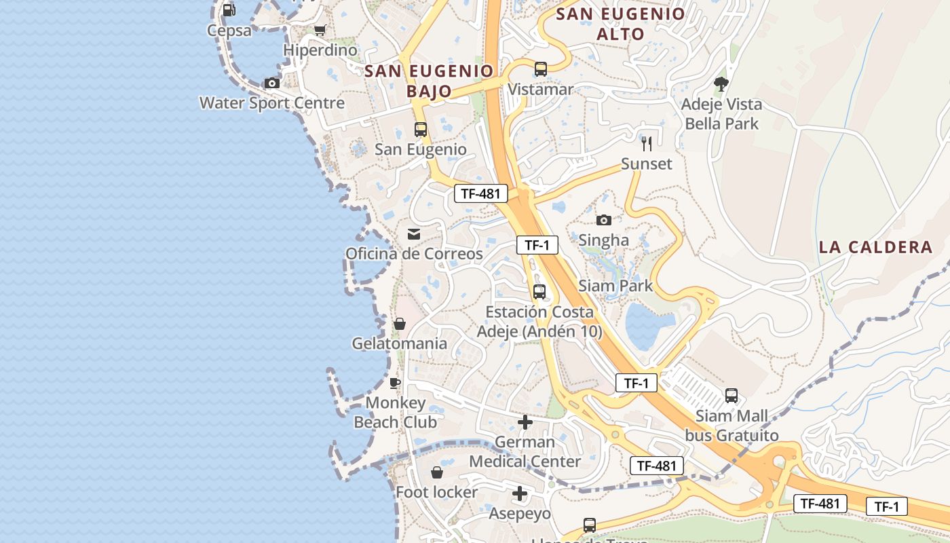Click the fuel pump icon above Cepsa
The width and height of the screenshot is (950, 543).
coord(229,10)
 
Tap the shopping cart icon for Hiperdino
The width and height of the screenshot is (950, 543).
coord(320,30)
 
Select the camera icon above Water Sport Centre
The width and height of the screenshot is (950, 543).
coord(272,83)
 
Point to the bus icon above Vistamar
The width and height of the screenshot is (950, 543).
coord(540,69)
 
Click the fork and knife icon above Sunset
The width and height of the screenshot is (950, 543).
coord(647,143)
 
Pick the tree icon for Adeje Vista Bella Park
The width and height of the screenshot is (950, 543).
coord(721,84)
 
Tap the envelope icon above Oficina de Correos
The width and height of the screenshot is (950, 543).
coord(413,234)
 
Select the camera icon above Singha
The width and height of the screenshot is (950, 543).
coord(603,220)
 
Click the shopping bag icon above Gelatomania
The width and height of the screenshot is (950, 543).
coord(400,324)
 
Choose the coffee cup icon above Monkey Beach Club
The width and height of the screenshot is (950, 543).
coord(395,383)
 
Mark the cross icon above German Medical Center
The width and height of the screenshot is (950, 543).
coord(525,422)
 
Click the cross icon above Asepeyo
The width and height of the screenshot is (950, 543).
coord(520,493)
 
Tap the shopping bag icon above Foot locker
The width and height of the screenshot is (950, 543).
coord(437,472)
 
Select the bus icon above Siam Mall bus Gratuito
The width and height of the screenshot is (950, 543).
coord(731,395)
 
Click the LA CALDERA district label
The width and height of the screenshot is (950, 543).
coord(875,247)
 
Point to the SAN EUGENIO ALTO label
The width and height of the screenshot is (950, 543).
coord(620,24)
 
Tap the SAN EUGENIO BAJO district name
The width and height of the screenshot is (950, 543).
coord(428,80)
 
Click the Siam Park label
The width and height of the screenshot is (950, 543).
coord(615,286)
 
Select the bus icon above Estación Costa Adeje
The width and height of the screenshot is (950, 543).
coord(539,292)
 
